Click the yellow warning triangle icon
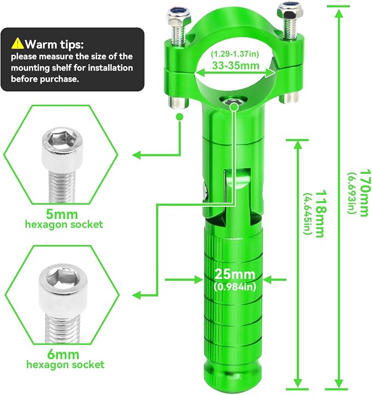[x=18, y=43]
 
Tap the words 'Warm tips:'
[x=54, y=44]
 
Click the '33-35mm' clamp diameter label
[x=236, y=66]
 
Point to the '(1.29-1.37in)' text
[x=235, y=54]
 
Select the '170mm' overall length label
[x=365, y=193]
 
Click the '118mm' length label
[x=321, y=214]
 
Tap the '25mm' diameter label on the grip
[x=234, y=274]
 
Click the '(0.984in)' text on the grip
[x=235, y=287]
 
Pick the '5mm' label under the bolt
[x=62, y=214]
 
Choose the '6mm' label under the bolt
[x=63, y=355]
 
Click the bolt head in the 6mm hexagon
[x=63, y=283]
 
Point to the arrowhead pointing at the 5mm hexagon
[x=137, y=155]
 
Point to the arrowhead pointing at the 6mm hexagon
[x=137, y=294]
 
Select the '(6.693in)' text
[x=351, y=193]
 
